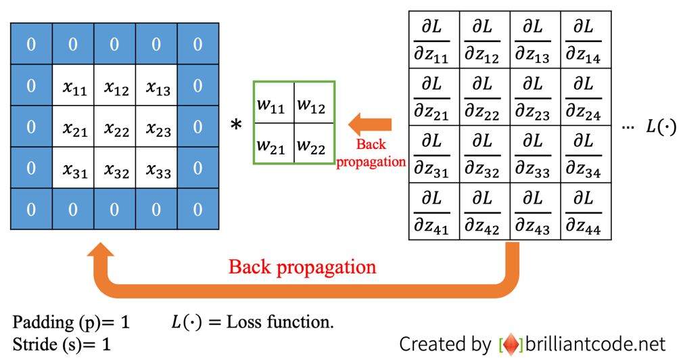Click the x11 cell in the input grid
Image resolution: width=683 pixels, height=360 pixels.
coord(74,87)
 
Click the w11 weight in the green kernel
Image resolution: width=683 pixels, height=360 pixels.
coord(273,104)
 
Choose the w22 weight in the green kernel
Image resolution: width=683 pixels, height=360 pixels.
coord(313,143)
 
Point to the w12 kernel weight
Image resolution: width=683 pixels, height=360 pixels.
coord(313,104)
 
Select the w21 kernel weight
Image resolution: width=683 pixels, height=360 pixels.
coord(273,143)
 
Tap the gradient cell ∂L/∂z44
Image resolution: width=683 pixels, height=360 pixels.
coord(586,211)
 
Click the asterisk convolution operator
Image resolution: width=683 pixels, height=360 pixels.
coord(236,125)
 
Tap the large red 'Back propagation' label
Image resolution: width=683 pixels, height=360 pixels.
coord(302,267)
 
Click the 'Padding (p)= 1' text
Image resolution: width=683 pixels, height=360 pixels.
coord(71,323)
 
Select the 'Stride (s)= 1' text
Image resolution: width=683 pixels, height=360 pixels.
coord(62,344)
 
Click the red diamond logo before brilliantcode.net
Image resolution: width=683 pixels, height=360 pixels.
coord(511,344)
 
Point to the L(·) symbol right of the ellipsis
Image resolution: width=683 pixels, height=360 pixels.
coord(661,127)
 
